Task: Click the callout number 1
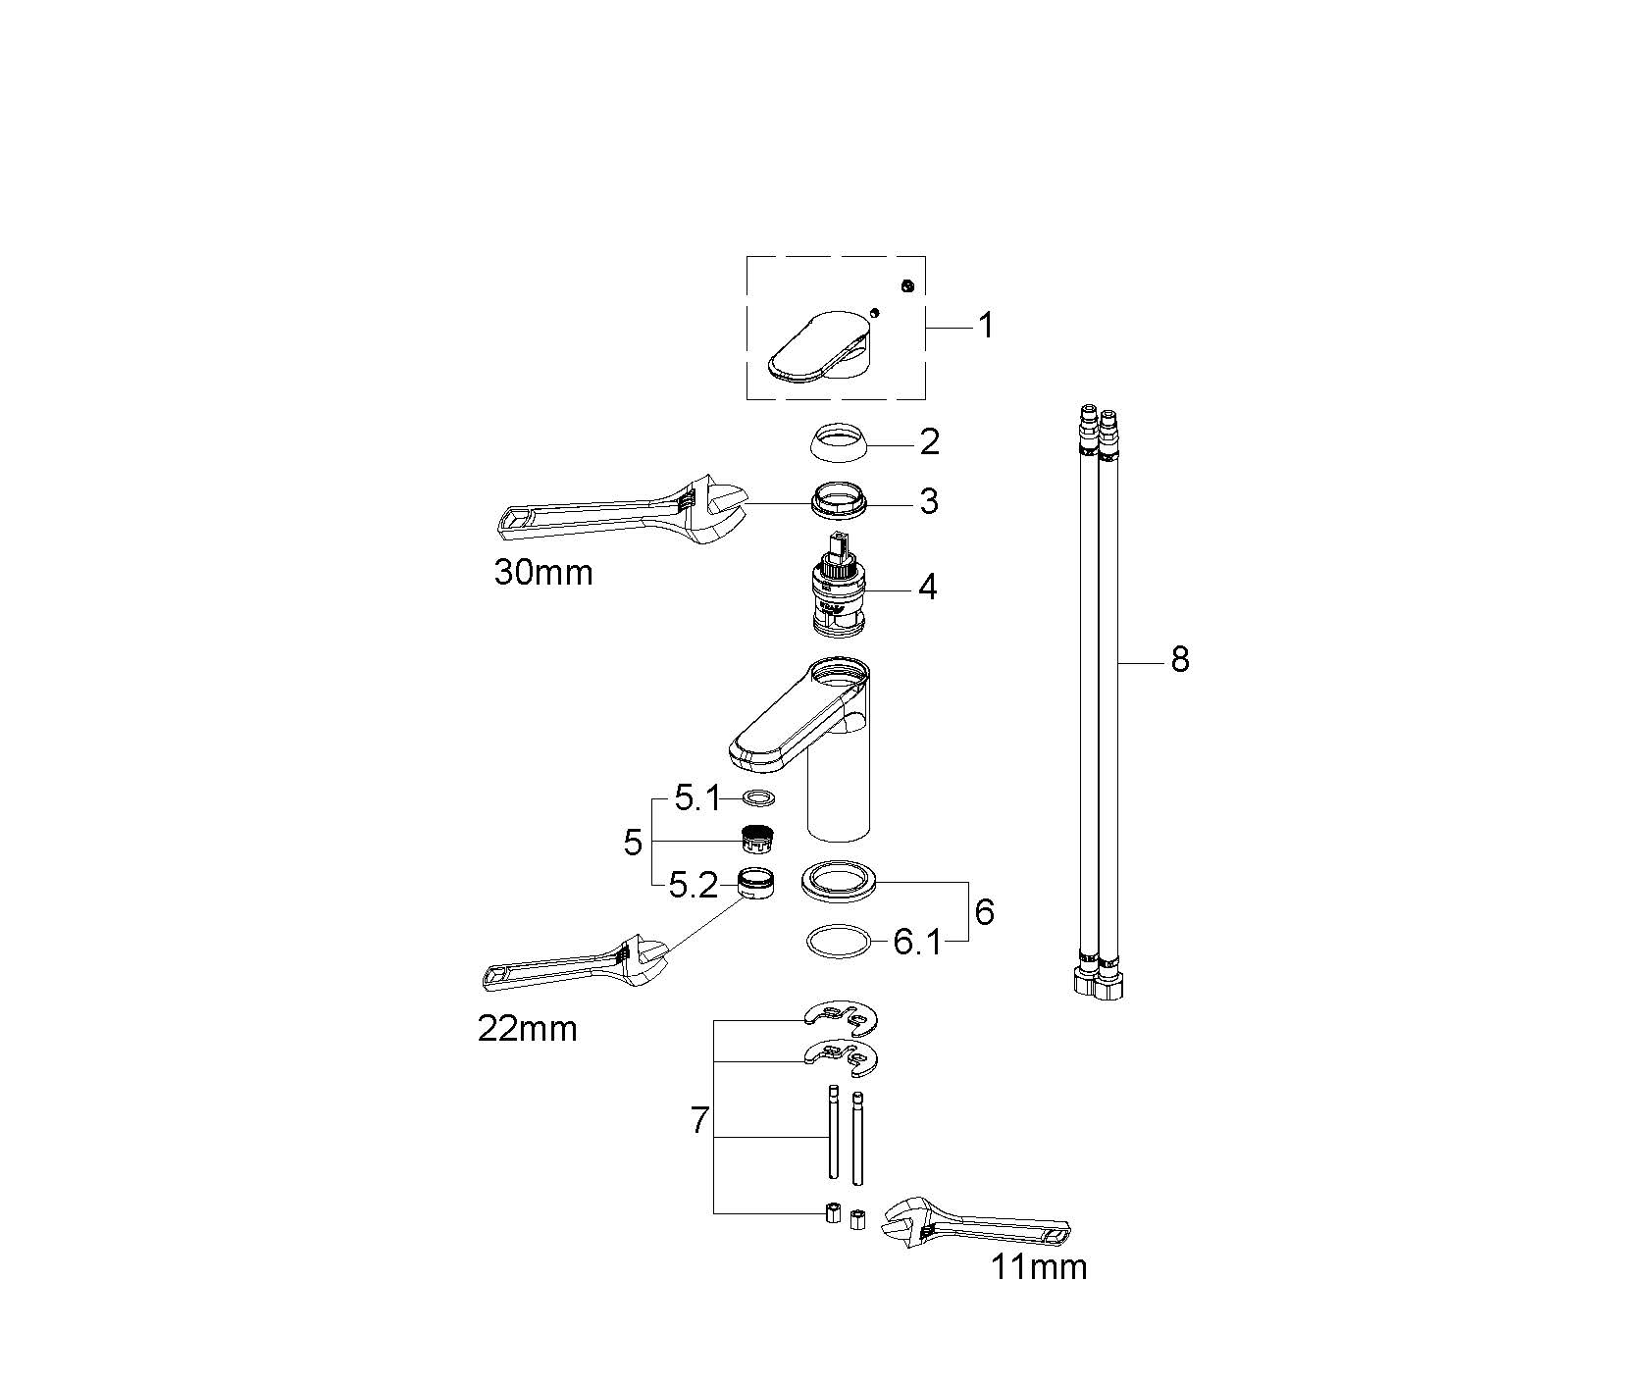pyautogui.click(x=987, y=325)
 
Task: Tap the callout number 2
pyautogui.click(x=930, y=441)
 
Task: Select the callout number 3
pyautogui.click(x=930, y=502)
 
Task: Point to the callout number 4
pyautogui.click(x=928, y=588)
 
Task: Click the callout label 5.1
pyautogui.click(x=696, y=800)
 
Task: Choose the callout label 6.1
pyautogui.click(x=917, y=944)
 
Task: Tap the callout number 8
pyautogui.click(x=1180, y=660)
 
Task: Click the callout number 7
pyautogui.click(x=699, y=1120)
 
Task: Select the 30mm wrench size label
pyautogui.click(x=543, y=572)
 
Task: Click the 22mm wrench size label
pyautogui.click(x=528, y=1029)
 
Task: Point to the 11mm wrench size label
pyautogui.click(x=1039, y=1267)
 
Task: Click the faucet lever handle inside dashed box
pyautogui.click(x=819, y=345)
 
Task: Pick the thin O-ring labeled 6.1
pyautogui.click(x=839, y=942)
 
